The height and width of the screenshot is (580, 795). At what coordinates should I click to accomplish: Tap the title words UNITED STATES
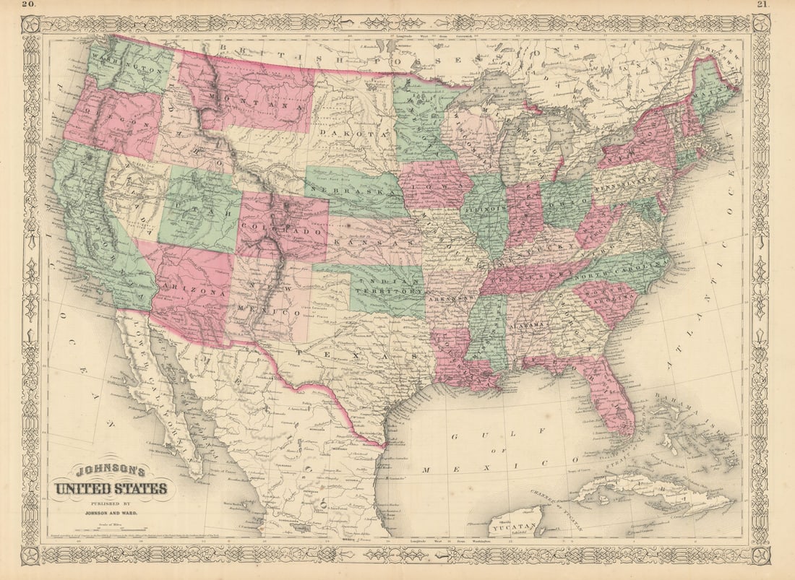coord(111,489)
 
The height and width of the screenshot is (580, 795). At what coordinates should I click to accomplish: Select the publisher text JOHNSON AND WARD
coord(111,514)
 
